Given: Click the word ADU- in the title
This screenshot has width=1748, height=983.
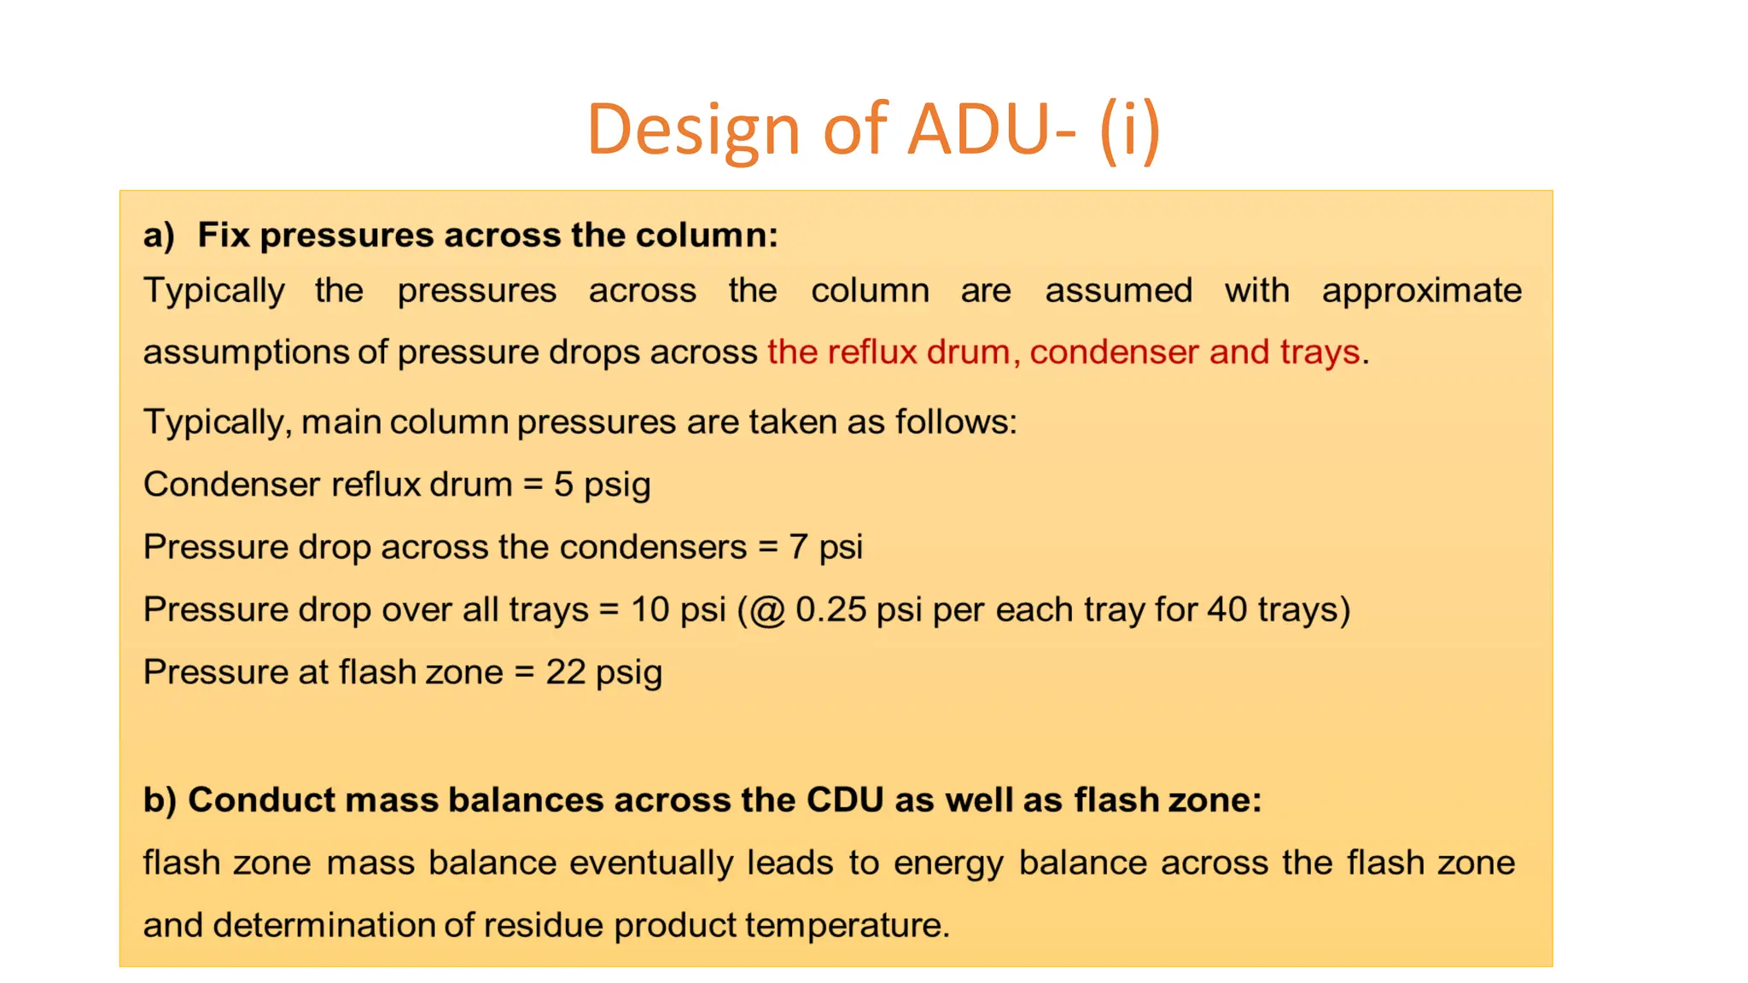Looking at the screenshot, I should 990,130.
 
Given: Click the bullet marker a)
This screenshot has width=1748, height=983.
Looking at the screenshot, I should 159,236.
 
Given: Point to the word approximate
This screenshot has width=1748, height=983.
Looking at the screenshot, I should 1421,291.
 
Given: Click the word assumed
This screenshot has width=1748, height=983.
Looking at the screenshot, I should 1118,291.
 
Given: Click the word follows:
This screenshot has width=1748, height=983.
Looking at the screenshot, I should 956,422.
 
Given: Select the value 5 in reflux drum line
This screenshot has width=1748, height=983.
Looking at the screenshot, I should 563,485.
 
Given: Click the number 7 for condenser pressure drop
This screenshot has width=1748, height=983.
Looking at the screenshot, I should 798,547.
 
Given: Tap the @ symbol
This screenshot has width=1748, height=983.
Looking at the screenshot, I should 767,611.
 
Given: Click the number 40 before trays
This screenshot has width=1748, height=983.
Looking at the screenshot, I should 1227,610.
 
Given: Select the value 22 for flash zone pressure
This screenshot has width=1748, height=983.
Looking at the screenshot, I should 565,672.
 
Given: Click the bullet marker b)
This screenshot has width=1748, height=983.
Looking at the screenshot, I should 160,800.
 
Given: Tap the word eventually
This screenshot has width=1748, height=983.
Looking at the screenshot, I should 651,863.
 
